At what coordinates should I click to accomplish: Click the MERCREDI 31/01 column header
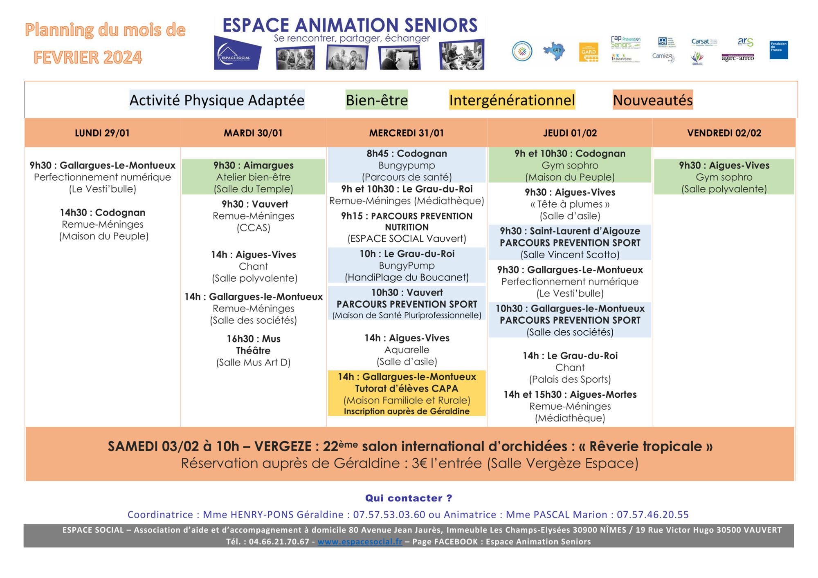pos(406,133)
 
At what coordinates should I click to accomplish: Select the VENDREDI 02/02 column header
pos(724,133)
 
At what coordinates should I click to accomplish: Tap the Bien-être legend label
pos(377,100)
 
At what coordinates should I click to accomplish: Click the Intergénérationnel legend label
pos(512,100)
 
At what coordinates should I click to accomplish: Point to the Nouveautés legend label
pos(652,100)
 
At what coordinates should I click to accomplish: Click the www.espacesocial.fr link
pos(360,542)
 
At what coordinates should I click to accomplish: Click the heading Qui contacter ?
pos(408,498)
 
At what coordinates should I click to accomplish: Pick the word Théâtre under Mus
pos(253,351)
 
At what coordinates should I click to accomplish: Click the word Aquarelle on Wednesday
pos(407,350)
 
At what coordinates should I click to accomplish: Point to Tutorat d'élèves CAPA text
pos(406,389)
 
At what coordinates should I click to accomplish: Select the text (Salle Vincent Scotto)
pos(570,255)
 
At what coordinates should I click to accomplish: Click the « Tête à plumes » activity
pos(570,204)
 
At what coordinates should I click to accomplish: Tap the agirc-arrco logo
pos(737,58)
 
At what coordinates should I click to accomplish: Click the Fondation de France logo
pos(778,50)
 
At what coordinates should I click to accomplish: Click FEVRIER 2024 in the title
pos(88,57)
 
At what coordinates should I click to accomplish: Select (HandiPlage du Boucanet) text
pos(407,278)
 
